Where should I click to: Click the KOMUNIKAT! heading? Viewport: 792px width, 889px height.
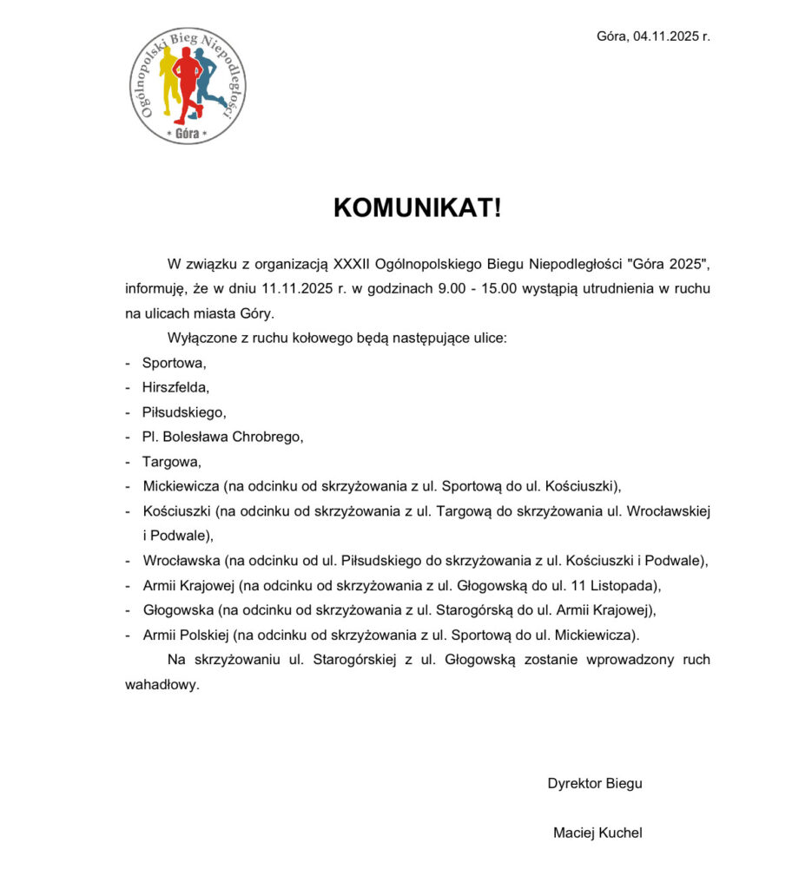417,208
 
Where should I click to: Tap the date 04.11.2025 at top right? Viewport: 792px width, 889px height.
664,36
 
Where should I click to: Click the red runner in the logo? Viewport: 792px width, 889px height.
185,82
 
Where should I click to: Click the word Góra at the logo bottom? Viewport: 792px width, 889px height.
187,134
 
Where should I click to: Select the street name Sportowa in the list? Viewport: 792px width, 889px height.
174,363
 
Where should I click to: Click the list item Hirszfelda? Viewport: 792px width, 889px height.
175,387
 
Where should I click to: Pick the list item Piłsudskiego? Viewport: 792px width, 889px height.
184,412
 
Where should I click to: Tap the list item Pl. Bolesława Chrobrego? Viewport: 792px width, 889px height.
223,437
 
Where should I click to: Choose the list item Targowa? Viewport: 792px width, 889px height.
171,461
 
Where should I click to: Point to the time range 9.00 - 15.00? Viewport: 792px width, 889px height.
476,288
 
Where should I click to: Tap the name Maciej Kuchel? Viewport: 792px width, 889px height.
597,833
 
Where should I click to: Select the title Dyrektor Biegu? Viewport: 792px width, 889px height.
595,783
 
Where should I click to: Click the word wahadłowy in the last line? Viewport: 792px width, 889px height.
162,684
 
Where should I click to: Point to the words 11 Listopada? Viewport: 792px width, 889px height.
617,584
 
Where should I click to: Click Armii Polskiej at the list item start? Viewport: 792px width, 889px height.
186,634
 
